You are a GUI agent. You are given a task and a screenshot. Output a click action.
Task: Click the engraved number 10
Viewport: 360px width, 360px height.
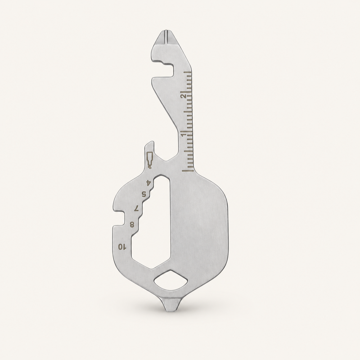(x=122, y=247)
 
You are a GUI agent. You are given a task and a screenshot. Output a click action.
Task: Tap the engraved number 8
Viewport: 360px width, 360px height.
(x=132, y=225)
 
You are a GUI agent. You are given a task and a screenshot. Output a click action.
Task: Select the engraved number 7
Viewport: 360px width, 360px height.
(x=137, y=208)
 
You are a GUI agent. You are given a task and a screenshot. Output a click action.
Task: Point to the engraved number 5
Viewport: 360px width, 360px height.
(x=144, y=194)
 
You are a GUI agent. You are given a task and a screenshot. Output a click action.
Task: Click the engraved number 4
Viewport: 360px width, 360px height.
(x=148, y=183)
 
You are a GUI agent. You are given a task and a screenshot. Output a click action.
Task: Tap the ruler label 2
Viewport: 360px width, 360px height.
(x=183, y=96)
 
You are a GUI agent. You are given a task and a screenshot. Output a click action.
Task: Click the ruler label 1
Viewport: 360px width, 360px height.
(x=183, y=134)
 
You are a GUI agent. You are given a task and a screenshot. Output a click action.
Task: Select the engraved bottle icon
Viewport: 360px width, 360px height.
(x=149, y=160)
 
